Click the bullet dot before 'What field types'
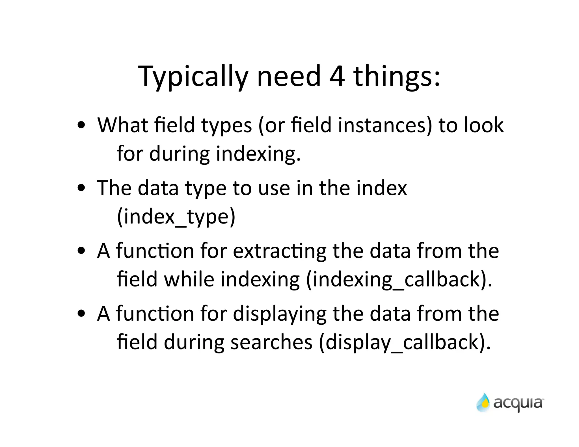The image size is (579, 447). coord(81,125)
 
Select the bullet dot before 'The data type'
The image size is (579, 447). coord(81,188)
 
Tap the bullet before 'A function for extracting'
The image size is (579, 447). coord(81,251)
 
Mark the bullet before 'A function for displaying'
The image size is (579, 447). coord(81,314)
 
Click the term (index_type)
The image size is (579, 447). coord(176,217)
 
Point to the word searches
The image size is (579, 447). coord(271,342)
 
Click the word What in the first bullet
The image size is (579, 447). coord(122,125)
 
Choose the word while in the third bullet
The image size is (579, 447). coord(189,279)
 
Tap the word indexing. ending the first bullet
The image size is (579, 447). coord(258,154)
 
